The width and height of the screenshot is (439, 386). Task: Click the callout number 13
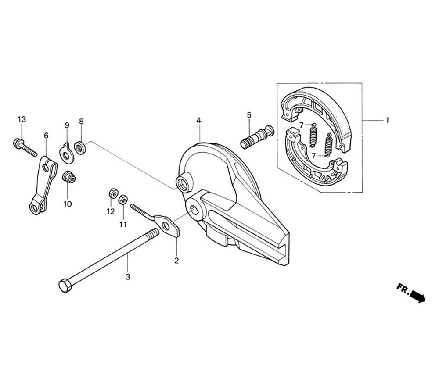[x=22, y=119]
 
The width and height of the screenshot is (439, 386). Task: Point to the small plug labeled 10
[x=68, y=177]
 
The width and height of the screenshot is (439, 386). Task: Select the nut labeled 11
[x=123, y=199]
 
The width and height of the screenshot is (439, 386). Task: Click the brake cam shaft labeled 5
[x=256, y=136]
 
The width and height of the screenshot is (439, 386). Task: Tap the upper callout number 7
[x=301, y=125]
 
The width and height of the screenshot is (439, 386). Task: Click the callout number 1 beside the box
[x=387, y=119]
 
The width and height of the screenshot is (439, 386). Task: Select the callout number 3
[x=128, y=277]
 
